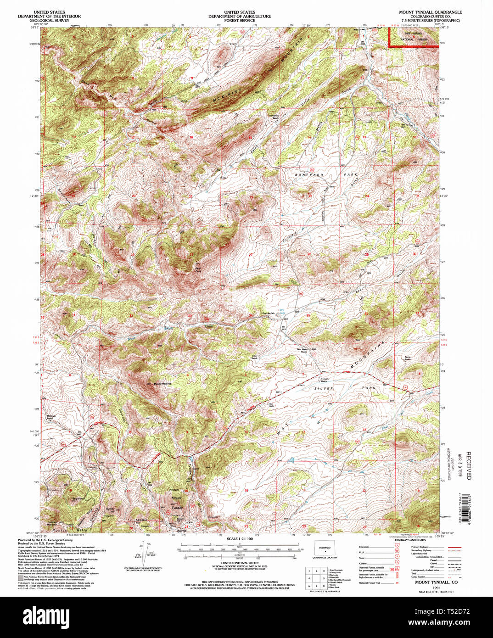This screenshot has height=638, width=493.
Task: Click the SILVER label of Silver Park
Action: point(324,388)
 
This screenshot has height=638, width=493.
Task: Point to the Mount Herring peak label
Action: point(162,384)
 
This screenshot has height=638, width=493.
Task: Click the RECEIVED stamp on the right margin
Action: point(468,465)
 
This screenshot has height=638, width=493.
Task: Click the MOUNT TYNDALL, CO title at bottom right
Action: point(436,582)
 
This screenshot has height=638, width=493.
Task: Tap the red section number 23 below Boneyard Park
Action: point(311,196)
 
